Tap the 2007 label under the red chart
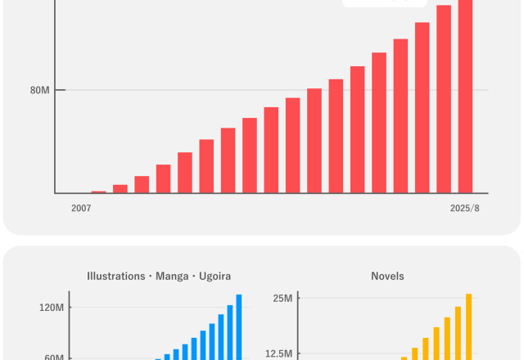pos(81,209)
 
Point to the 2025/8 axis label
pos(464,209)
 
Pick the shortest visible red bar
pos(98,191)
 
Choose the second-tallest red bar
pos(444,99)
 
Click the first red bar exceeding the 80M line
pos(314,140)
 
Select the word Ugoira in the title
pos(215,277)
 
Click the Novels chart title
pos(387,277)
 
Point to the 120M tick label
pos(52,308)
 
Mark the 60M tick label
pos(55,357)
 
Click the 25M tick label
pos(282,298)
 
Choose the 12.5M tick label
pos(278,353)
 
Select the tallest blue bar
pos(239,326)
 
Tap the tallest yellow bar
pos(469,326)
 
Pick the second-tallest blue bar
pos(230,331)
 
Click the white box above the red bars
pos(384,3)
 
